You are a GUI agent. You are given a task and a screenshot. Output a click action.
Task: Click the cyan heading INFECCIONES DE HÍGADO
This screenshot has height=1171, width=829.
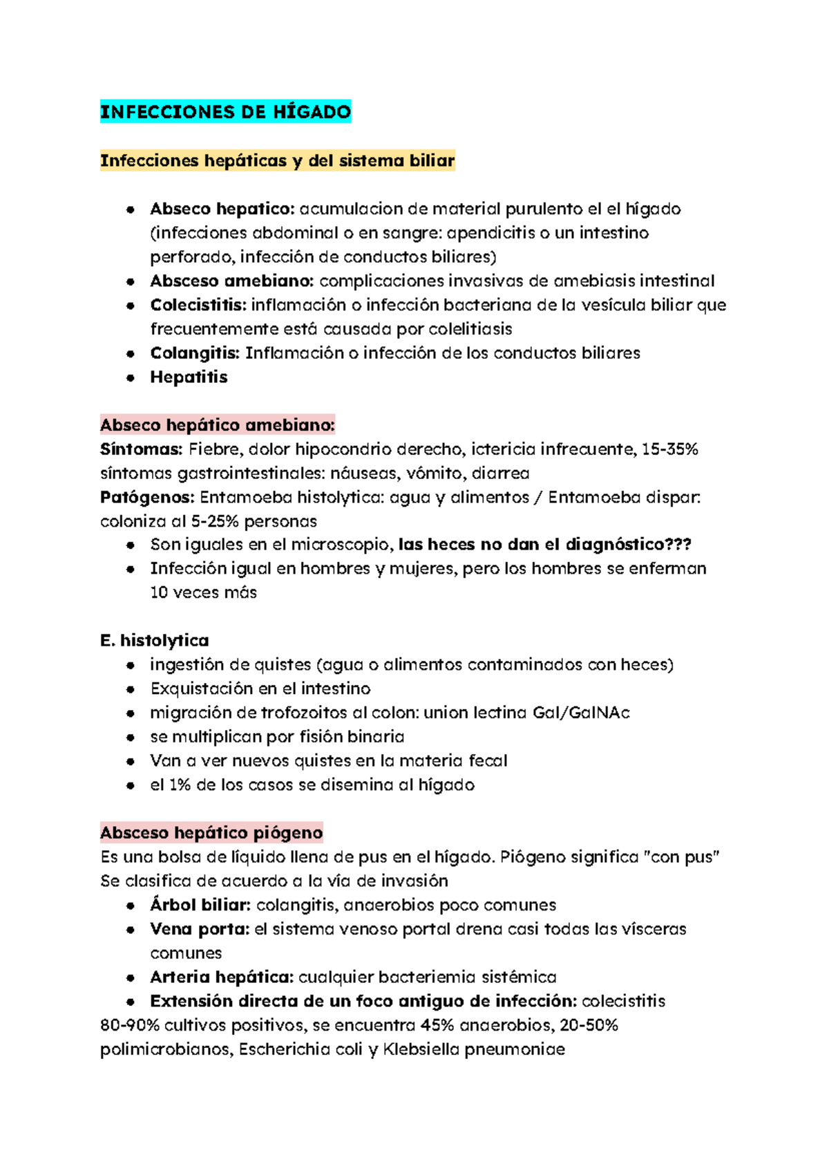(x=225, y=112)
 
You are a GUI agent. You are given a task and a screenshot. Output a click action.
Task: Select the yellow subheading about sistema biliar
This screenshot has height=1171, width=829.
(x=277, y=161)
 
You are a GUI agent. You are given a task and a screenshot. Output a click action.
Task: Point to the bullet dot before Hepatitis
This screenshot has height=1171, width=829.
(x=130, y=378)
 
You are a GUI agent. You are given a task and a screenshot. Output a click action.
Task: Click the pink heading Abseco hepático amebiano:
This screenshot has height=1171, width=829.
(x=218, y=425)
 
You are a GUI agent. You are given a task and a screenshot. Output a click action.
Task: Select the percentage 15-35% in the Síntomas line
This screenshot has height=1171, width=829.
(x=669, y=449)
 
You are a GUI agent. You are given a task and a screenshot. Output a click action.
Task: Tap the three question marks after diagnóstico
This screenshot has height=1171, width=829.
(x=678, y=545)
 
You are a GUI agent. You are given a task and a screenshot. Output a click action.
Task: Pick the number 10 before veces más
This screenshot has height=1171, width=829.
(x=159, y=592)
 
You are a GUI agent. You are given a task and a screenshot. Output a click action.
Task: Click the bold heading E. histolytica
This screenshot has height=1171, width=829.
(x=155, y=641)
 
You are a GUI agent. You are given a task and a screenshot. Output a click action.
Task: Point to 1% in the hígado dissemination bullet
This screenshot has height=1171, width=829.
(x=180, y=785)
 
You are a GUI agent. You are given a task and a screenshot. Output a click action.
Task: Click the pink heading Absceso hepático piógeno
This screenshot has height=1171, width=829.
(x=211, y=833)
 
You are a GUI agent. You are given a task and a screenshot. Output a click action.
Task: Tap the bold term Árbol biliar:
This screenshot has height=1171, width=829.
(x=200, y=905)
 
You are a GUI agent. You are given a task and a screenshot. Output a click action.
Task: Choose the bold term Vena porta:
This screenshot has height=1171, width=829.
(x=199, y=929)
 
